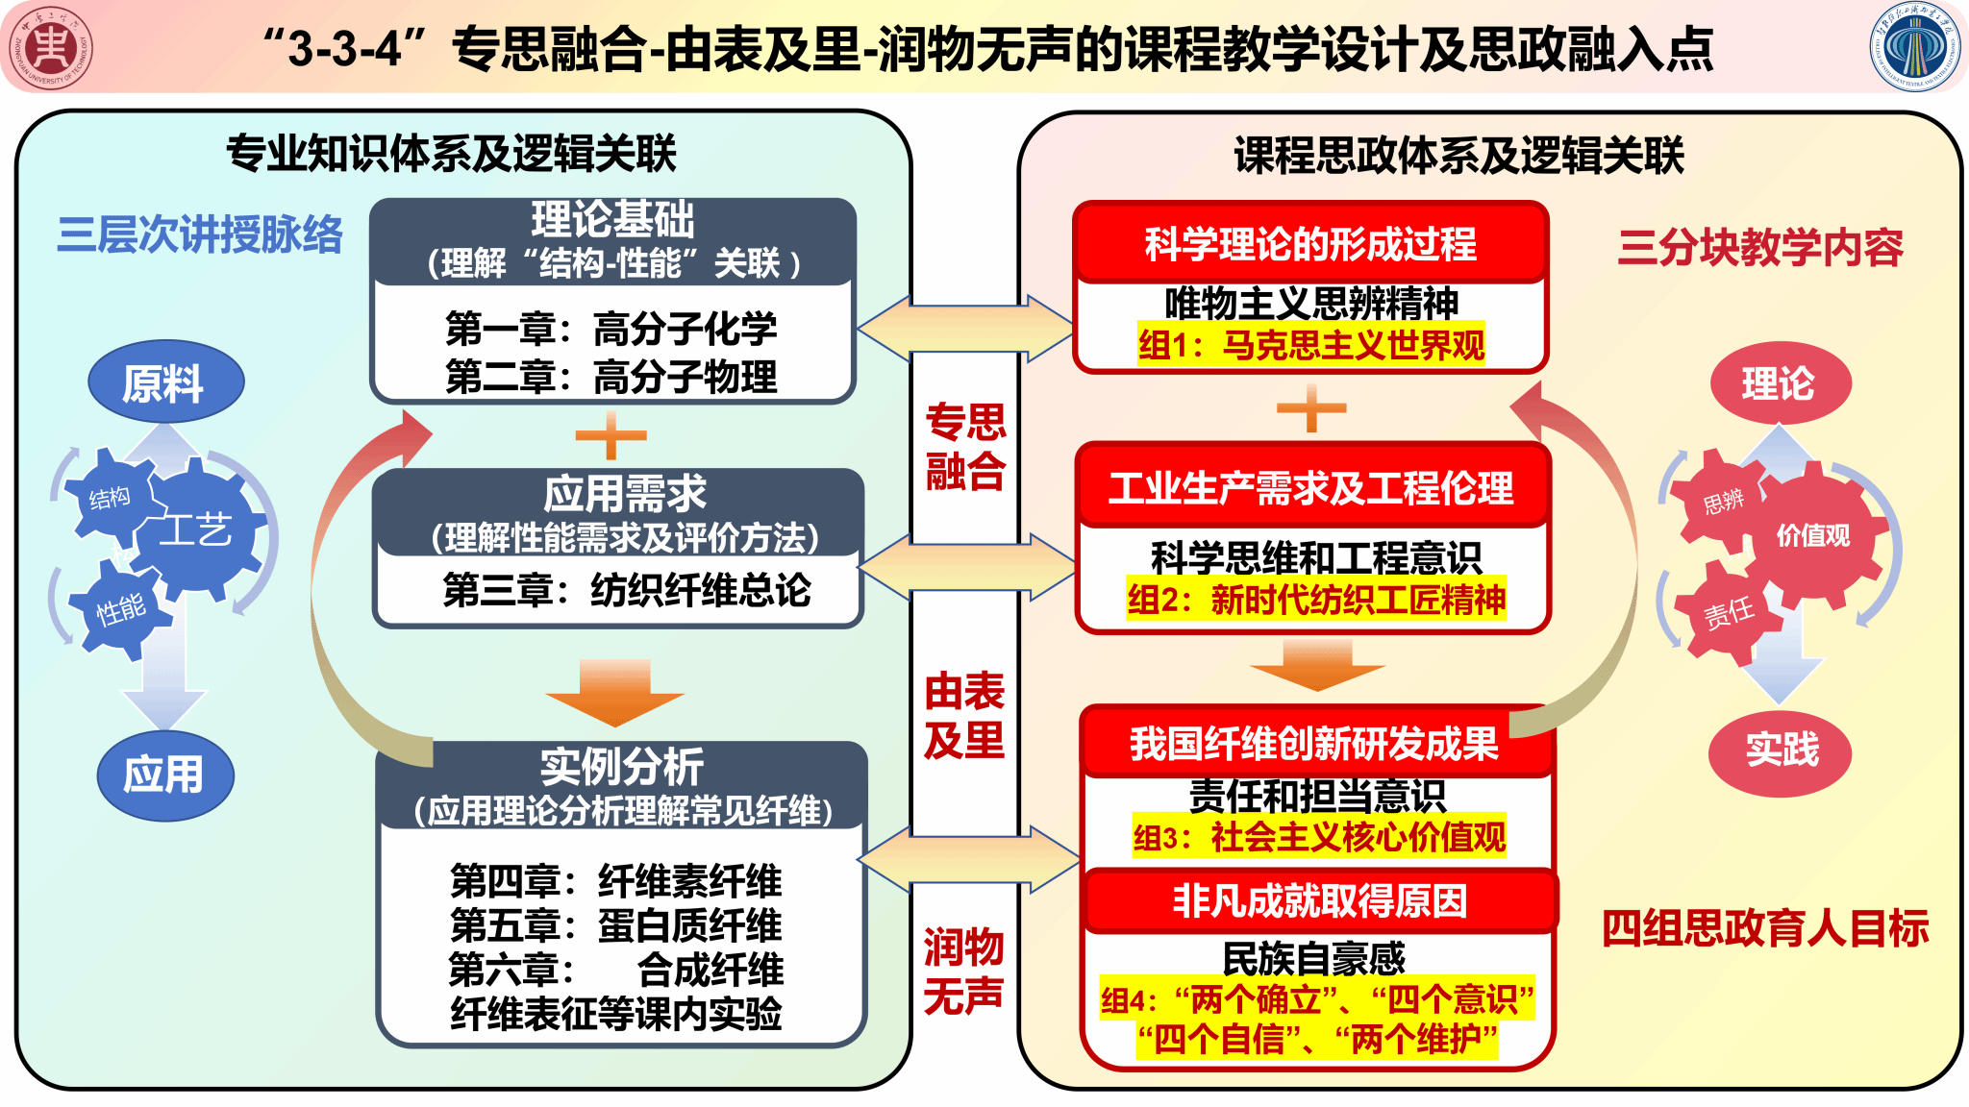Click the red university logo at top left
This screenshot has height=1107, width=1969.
click(x=51, y=48)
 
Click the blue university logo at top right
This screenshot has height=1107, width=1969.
click(x=1917, y=48)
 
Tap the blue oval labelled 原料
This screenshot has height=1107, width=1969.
click(x=165, y=382)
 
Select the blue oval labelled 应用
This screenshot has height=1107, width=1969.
click(x=165, y=775)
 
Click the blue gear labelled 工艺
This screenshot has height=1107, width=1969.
click(x=197, y=529)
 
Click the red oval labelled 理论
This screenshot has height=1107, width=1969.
click(x=1779, y=383)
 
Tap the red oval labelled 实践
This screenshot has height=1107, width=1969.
click(x=1781, y=750)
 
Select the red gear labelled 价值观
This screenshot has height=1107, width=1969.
click(x=1813, y=536)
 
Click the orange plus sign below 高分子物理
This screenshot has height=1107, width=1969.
click(x=611, y=436)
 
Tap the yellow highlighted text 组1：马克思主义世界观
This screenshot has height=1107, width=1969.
click(x=1311, y=345)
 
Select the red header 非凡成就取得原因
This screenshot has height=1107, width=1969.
click(x=1319, y=901)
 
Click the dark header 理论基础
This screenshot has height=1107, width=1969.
click(x=613, y=220)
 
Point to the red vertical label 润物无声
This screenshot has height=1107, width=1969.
click(x=963, y=971)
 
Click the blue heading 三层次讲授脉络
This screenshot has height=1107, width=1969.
click(x=200, y=235)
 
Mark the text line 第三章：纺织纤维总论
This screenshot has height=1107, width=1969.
click(x=627, y=590)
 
